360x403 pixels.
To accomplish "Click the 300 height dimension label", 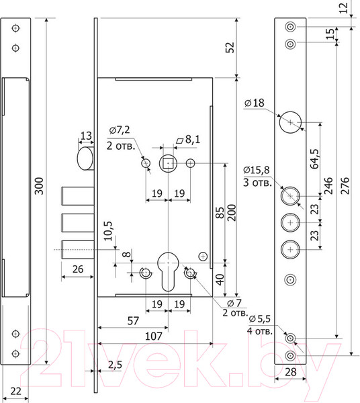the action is point(39,186).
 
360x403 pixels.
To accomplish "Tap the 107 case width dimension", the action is point(154,337).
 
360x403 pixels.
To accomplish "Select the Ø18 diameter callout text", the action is point(255,103).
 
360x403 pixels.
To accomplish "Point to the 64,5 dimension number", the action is point(314,159).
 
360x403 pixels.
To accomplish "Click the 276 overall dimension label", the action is point(345,185).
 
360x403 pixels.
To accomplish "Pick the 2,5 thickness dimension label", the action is point(115,365).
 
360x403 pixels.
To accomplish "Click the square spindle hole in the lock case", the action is point(168,163).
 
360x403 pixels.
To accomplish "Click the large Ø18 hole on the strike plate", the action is point(290,122).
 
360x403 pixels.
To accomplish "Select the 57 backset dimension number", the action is point(133,321).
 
